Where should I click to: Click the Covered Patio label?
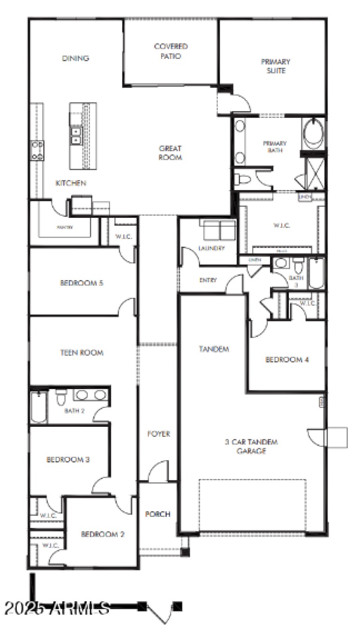pyautogui.click(x=171, y=51)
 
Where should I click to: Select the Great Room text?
pyautogui.click(x=171, y=153)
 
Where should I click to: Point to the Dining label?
pyautogui.click(x=76, y=58)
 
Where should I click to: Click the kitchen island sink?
pyautogui.click(x=76, y=135)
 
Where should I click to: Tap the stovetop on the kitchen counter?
pyautogui.click(x=37, y=150)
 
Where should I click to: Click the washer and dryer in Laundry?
pyautogui.click(x=220, y=230)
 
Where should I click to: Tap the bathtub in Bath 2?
pyautogui.click(x=39, y=407)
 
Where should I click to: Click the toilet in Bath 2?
pyautogui.click(x=61, y=397)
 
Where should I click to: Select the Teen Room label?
pyautogui.click(x=81, y=353)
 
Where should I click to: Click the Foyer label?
pyautogui.click(x=159, y=434)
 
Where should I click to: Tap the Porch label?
pyautogui.click(x=157, y=514)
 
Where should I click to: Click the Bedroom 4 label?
pyautogui.click(x=287, y=360)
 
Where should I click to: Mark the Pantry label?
pyautogui.click(x=64, y=227)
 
